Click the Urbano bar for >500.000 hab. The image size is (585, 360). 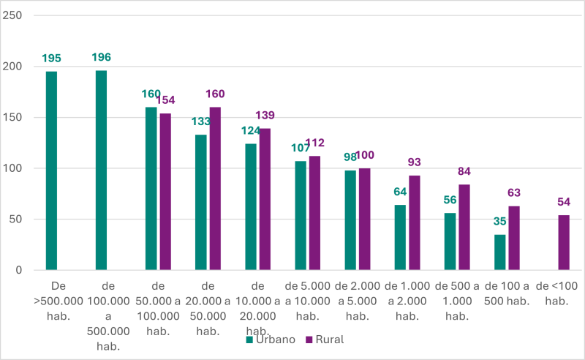coord(51,170)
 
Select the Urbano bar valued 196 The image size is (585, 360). coord(101,170)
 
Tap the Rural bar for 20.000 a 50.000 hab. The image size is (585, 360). coord(215,189)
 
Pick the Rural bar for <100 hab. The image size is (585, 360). coord(564,242)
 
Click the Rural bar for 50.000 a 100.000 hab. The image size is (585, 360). coord(165,192)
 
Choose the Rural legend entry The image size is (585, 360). coord(322,340)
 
